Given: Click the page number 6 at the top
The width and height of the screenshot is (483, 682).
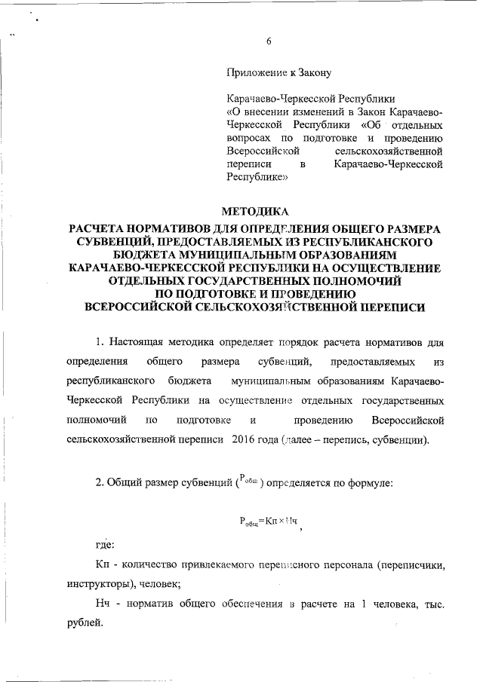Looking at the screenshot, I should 269,41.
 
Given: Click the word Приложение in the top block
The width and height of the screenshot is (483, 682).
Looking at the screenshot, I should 254,72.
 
